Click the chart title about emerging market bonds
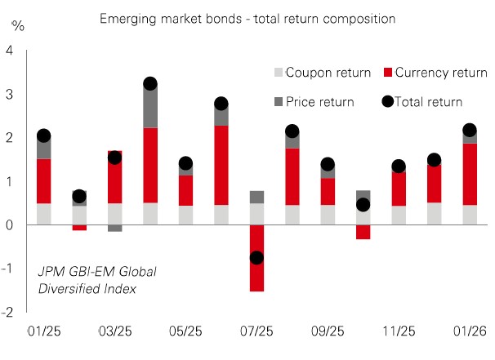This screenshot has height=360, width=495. (247, 17)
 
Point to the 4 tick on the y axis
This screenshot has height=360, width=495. (10, 51)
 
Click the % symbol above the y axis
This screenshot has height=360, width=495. (18, 24)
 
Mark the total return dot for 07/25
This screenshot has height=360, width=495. (256, 257)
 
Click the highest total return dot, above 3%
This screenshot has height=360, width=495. (150, 83)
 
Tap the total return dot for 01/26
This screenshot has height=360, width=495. (469, 130)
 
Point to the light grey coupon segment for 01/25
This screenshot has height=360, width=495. (44, 214)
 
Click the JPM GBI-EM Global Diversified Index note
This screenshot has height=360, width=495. (97, 278)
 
